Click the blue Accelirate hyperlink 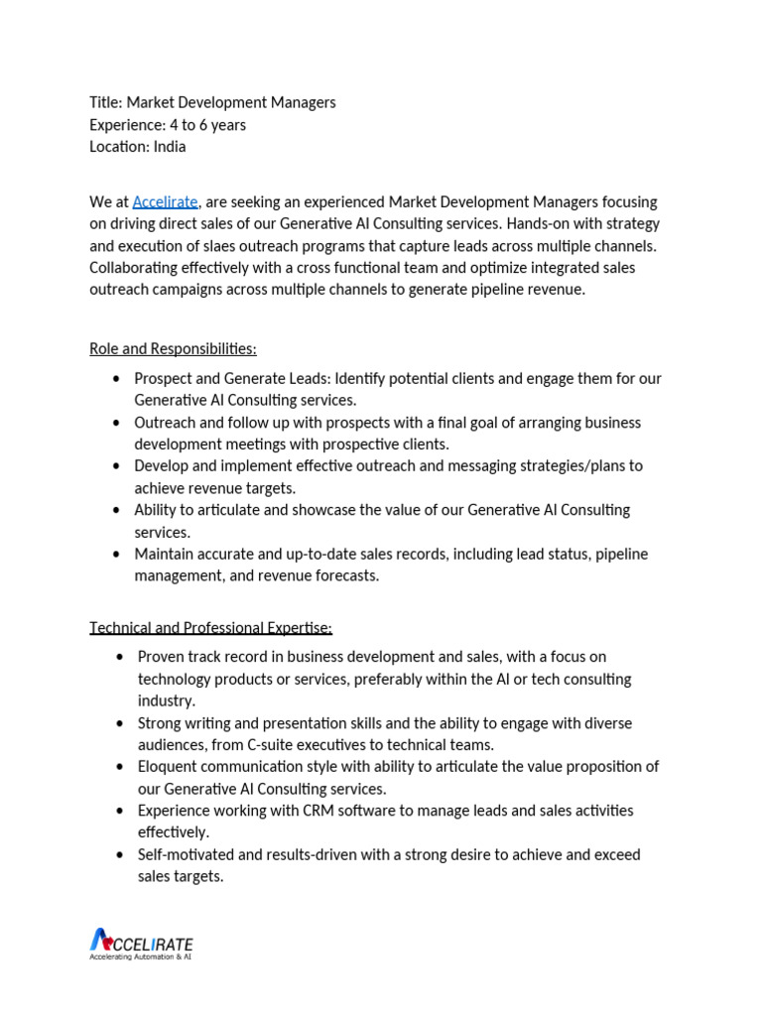pos(165,202)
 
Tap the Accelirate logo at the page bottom pos(141,943)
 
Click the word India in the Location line pos(169,147)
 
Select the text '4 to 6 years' pos(207,125)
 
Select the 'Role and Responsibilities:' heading pos(173,349)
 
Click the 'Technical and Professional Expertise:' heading pos(210,628)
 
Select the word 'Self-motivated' pos(187,854)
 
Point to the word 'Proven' pos(161,657)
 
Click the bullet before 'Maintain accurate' pos(117,554)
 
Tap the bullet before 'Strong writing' pos(120,723)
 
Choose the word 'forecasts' pos(346,575)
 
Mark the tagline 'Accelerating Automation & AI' pos(140,957)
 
